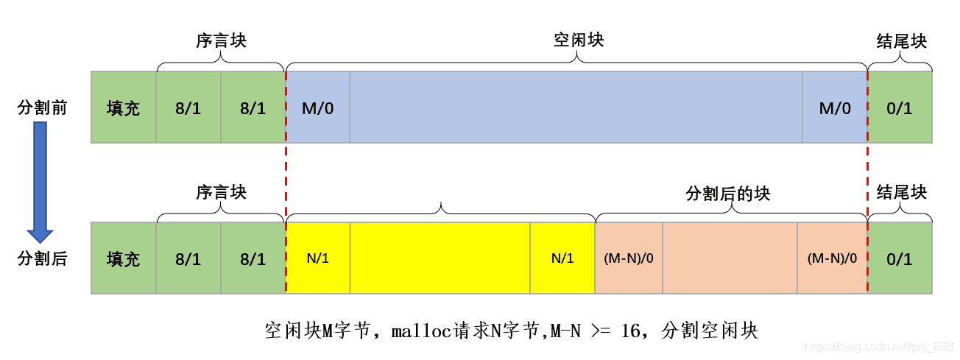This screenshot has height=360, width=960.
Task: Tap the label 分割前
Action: pos(42,108)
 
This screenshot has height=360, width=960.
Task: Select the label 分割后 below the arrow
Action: pos(42,259)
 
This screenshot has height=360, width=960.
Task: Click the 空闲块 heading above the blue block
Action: pos(578,40)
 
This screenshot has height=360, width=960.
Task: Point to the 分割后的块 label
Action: pos(727,193)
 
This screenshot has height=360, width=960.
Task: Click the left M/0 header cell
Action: pos(317,108)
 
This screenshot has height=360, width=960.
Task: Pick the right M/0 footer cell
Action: pos(835,108)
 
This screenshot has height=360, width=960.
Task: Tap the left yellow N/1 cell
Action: pos(317,258)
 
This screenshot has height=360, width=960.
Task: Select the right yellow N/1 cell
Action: pos(562,258)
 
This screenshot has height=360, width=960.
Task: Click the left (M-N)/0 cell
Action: pos(628,258)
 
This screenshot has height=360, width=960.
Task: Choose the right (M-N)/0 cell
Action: pos(832,258)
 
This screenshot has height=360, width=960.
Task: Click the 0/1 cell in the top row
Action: pos(900,108)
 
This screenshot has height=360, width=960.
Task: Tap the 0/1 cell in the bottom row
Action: pos(900,259)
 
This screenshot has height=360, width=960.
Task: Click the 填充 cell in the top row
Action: pos(123,108)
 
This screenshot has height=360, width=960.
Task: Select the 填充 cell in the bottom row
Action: pos(123,259)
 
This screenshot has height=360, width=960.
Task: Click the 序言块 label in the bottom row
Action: pos(221,193)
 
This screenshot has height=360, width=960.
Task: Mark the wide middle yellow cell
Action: pos(440,258)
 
